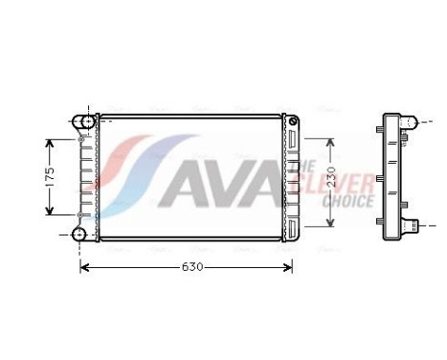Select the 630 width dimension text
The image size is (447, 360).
pos(191,266)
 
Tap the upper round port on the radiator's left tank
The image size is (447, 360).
pos(80,122)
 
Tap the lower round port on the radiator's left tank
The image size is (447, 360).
pos(80,234)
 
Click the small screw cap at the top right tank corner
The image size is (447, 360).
pos(295,121)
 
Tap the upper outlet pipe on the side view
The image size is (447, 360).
pos(412,123)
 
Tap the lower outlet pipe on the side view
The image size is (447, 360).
pos(413,227)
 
